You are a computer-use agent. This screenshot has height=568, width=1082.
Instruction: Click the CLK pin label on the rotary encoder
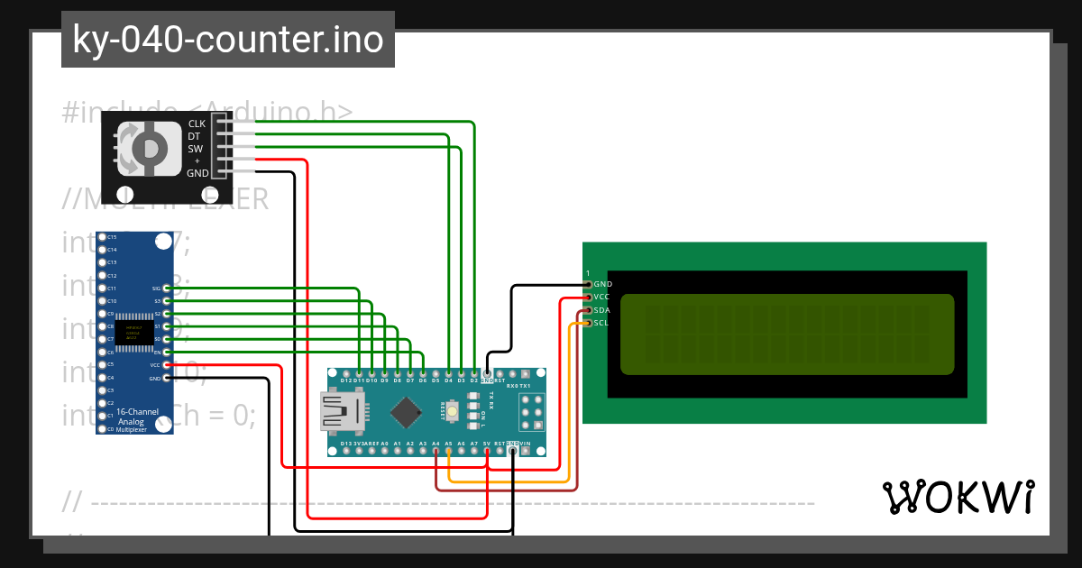tap(197, 124)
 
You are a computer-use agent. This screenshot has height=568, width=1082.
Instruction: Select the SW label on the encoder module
tap(195, 149)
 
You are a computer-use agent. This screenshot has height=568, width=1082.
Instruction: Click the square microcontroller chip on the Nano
tap(408, 414)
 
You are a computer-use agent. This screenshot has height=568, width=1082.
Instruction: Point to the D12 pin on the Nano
tap(346, 372)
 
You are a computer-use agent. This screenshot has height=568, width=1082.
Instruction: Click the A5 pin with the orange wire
tap(448, 450)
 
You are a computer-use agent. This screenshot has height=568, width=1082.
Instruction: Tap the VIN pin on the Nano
tap(526, 450)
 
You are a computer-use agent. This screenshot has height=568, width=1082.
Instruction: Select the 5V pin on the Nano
tap(487, 450)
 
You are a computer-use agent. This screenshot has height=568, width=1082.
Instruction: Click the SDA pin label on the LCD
tap(602, 310)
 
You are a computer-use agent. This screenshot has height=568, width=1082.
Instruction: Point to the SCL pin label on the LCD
tap(602, 323)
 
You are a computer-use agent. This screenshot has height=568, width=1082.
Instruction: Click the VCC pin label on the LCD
tap(602, 297)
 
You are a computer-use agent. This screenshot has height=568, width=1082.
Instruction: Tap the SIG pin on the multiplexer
tap(166, 288)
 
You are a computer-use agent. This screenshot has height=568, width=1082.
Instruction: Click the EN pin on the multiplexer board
tap(166, 352)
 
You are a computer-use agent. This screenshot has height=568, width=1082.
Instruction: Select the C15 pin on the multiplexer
tap(102, 236)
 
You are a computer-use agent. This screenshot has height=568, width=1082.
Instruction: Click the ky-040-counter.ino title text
tap(227, 40)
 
